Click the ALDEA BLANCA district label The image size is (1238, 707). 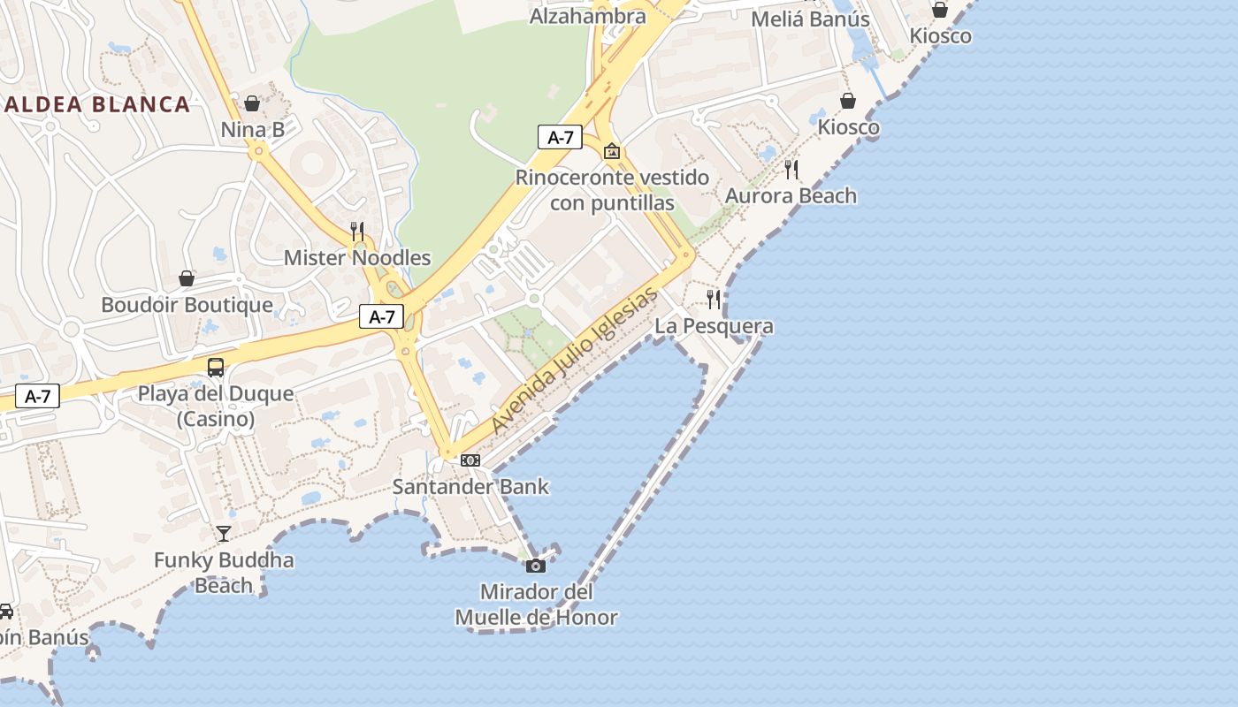pyautogui.click(x=96, y=104)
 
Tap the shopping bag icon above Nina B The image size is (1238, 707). pyautogui.click(x=252, y=103)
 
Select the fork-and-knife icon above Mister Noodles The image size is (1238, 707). pyautogui.click(x=357, y=232)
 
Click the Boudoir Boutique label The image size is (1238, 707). pyautogui.click(x=187, y=305)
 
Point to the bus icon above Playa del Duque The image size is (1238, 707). pyautogui.click(x=216, y=367)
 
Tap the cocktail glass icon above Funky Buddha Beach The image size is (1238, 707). pyautogui.click(x=224, y=533)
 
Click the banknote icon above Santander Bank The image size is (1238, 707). pyautogui.click(x=470, y=460)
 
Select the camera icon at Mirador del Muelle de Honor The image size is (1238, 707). pyautogui.click(x=536, y=566)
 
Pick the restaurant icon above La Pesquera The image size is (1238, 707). pyautogui.click(x=714, y=300)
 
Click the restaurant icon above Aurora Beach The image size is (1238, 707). pyautogui.click(x=791, y=169)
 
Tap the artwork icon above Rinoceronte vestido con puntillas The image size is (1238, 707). pyautogui.click(x=611, y=152)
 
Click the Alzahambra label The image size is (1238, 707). pyautogui.click(x=587, y=16)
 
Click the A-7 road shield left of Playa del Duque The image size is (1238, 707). pyautogui.click(x=37, y=397)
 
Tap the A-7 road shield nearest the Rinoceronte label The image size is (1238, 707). pyautogui.click(x=561, y=137)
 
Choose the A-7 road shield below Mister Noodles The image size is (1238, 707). pyautogui.click(x=382, y=316)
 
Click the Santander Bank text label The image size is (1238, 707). pyautogui.click(x=470, y=486)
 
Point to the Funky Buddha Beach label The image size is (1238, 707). pyautogui.click(x=224, y=572)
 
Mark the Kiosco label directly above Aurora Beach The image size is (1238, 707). pyautogui.click(x=848, y=127)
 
